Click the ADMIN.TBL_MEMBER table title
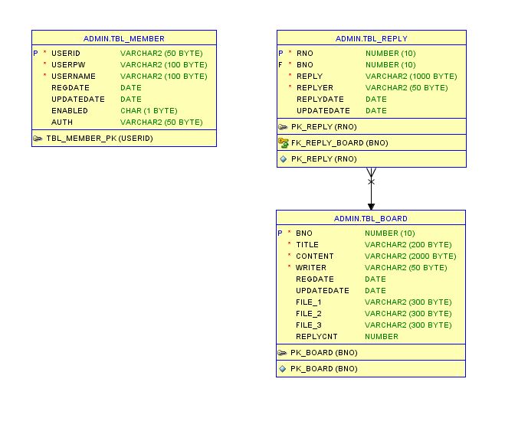pos(123,38)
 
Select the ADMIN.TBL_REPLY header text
pos(371,38)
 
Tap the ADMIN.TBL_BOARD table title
pos(370,218)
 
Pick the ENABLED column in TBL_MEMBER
pos(70,111)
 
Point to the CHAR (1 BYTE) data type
pos(149,111)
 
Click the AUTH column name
pos(62,122)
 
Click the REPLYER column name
pos(315,88)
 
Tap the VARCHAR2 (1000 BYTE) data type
pos(411,77)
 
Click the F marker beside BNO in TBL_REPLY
pos(280,65)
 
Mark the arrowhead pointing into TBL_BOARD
pos(371,206)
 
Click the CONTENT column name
pos(315,256)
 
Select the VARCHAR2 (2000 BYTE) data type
pos(410,256)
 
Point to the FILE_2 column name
pos(309,314)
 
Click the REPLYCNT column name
pos(316,337)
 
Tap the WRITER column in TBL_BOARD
pos(311,268)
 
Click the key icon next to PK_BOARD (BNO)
pos(282,353)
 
